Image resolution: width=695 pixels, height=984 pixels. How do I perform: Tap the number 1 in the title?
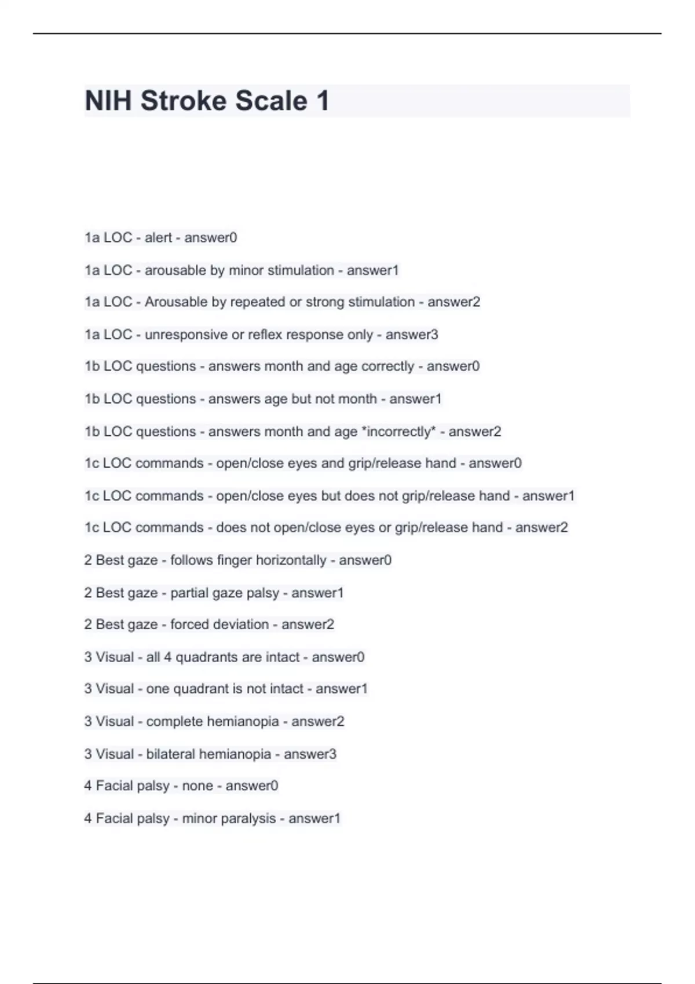(x=323, y=101)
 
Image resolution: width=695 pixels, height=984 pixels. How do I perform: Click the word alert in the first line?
(x=158, y=237)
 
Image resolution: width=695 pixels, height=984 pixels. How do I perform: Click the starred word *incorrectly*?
(x=398, y=432)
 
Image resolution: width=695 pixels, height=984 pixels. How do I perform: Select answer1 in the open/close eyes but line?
(x=548, y=496)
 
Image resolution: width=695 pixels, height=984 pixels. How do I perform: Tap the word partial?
(x=190, y=593)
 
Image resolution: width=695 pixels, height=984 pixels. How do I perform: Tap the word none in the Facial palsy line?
(x=197, y=785)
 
